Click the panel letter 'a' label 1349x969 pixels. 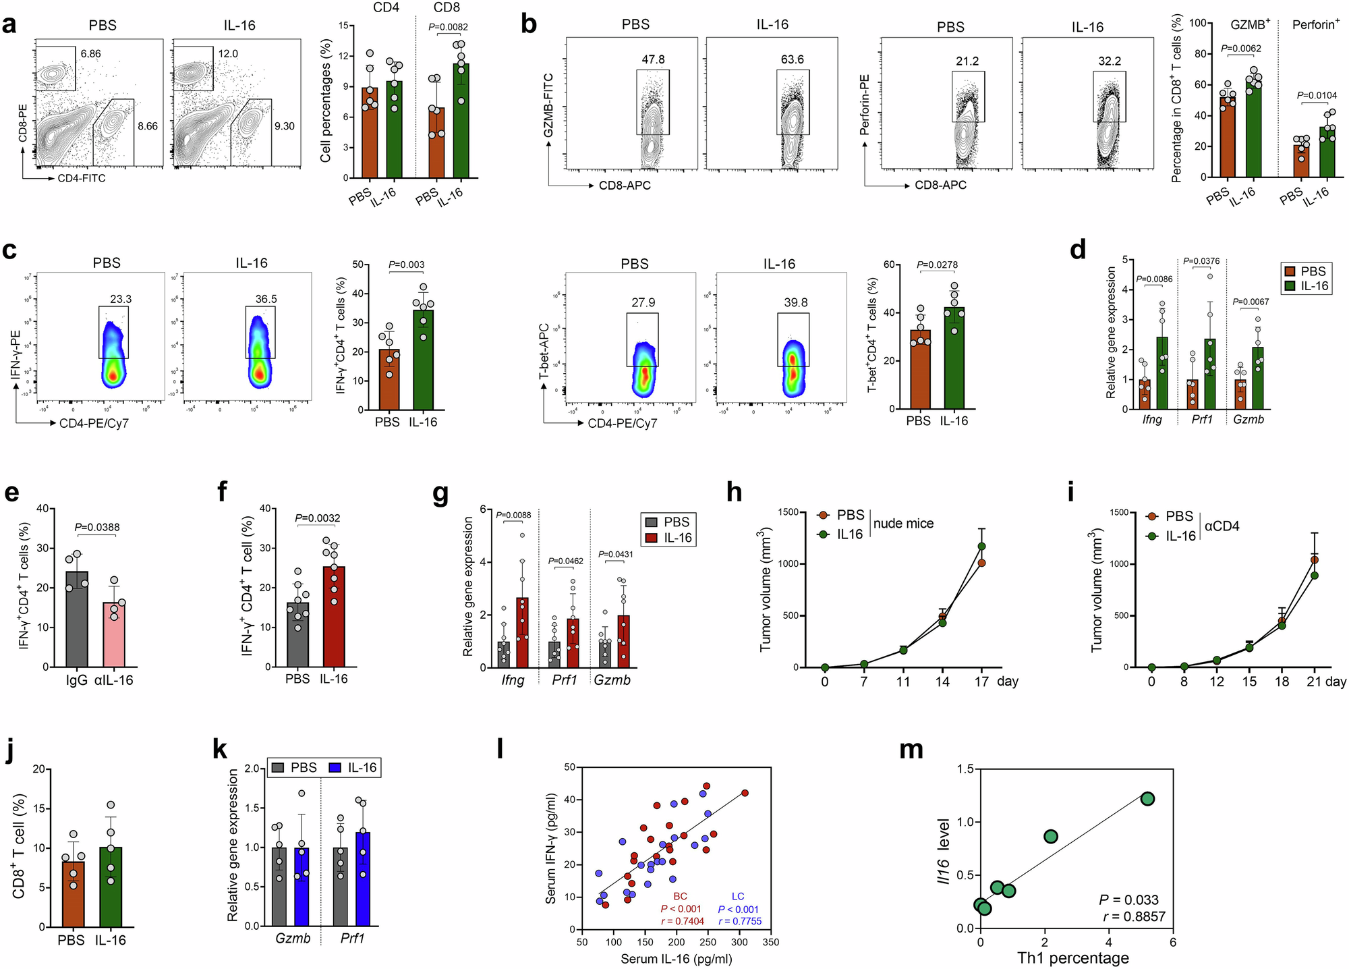point(9,26)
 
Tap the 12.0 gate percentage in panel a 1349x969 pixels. point(227,53)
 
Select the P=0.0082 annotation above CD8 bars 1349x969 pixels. point(449,28)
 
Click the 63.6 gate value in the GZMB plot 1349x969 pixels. point(792,59)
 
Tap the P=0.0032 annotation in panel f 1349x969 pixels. point(317,518)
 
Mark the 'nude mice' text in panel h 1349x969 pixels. point(903,524)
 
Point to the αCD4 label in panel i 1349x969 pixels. point(1222,526)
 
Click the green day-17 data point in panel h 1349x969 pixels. point(981,546)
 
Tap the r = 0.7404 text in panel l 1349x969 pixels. point(682,921)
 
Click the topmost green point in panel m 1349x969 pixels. point(1147,799)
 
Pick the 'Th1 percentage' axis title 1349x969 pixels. point(1072,958)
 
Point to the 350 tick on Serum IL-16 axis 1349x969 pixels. point(770,943)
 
